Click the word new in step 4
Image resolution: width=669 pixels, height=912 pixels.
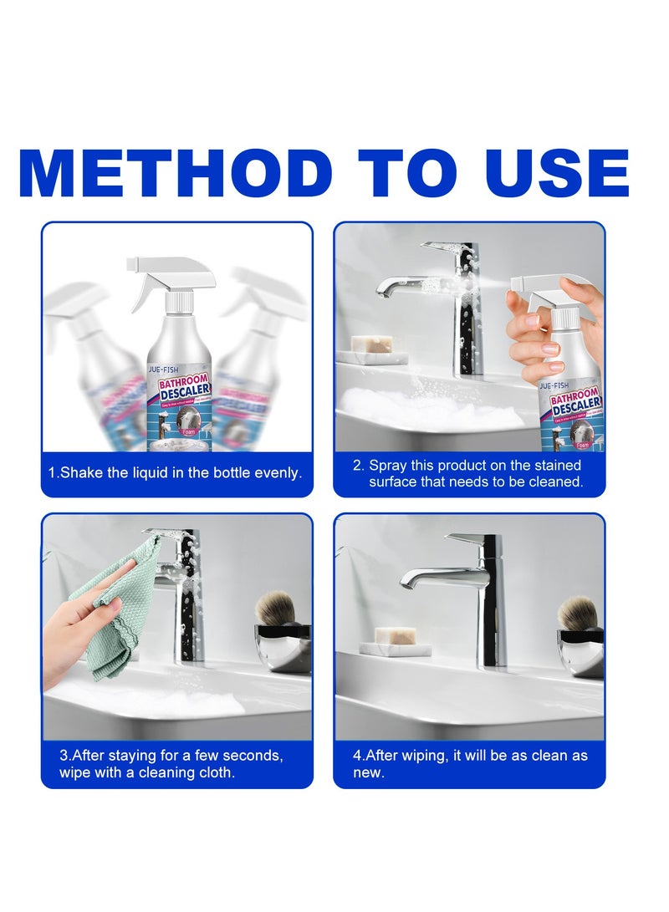click(x=370, y=773)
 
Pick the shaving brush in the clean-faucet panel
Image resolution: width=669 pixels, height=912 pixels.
click(x=576, y=613)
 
